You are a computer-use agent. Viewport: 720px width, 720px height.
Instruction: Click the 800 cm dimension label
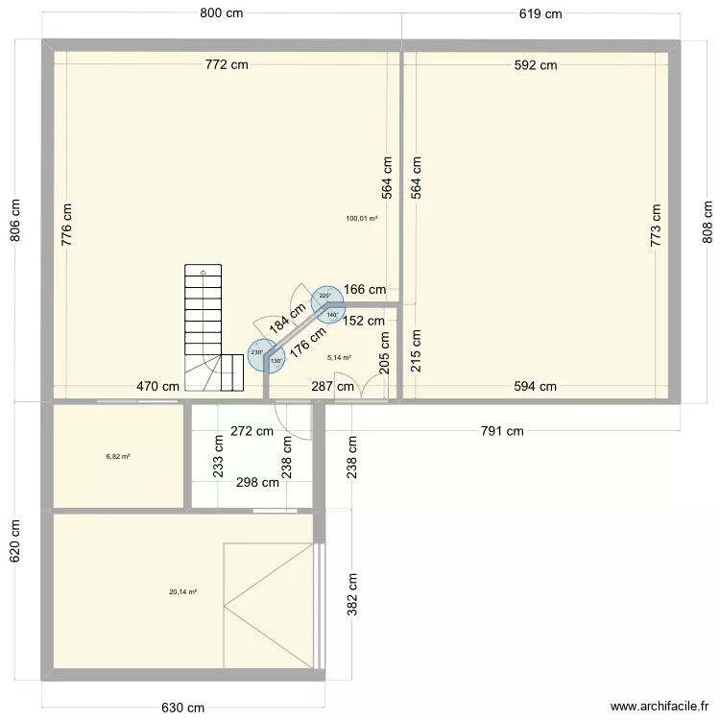pos(221,12)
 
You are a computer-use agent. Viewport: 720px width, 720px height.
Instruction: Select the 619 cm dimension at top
pos(540,13)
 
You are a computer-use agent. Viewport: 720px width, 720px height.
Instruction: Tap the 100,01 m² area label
pos(362,219)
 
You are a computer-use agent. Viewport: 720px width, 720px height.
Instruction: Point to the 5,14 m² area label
pos(339,357)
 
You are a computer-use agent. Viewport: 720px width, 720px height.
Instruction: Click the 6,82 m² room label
pos(118,457)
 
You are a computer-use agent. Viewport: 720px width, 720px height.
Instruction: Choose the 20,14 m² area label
pos(182,591)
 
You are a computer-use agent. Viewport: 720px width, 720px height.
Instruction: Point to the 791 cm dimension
pos(502,431)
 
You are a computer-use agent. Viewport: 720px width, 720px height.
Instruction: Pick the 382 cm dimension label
pos(352,593)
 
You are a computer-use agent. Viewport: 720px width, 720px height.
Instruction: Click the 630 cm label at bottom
pos(182,708)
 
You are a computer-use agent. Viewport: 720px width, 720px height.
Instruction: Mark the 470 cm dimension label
pos(157,387)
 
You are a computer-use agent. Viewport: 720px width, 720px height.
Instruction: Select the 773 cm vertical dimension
pos(657,226)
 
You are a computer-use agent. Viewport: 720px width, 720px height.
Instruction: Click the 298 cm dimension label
pos(257,483)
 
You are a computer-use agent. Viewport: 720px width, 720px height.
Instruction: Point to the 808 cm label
pos(708,222)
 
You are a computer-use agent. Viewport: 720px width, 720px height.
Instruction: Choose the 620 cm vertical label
pos(14,542)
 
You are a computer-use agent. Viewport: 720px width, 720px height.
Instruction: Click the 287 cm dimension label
pos(332,387)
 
